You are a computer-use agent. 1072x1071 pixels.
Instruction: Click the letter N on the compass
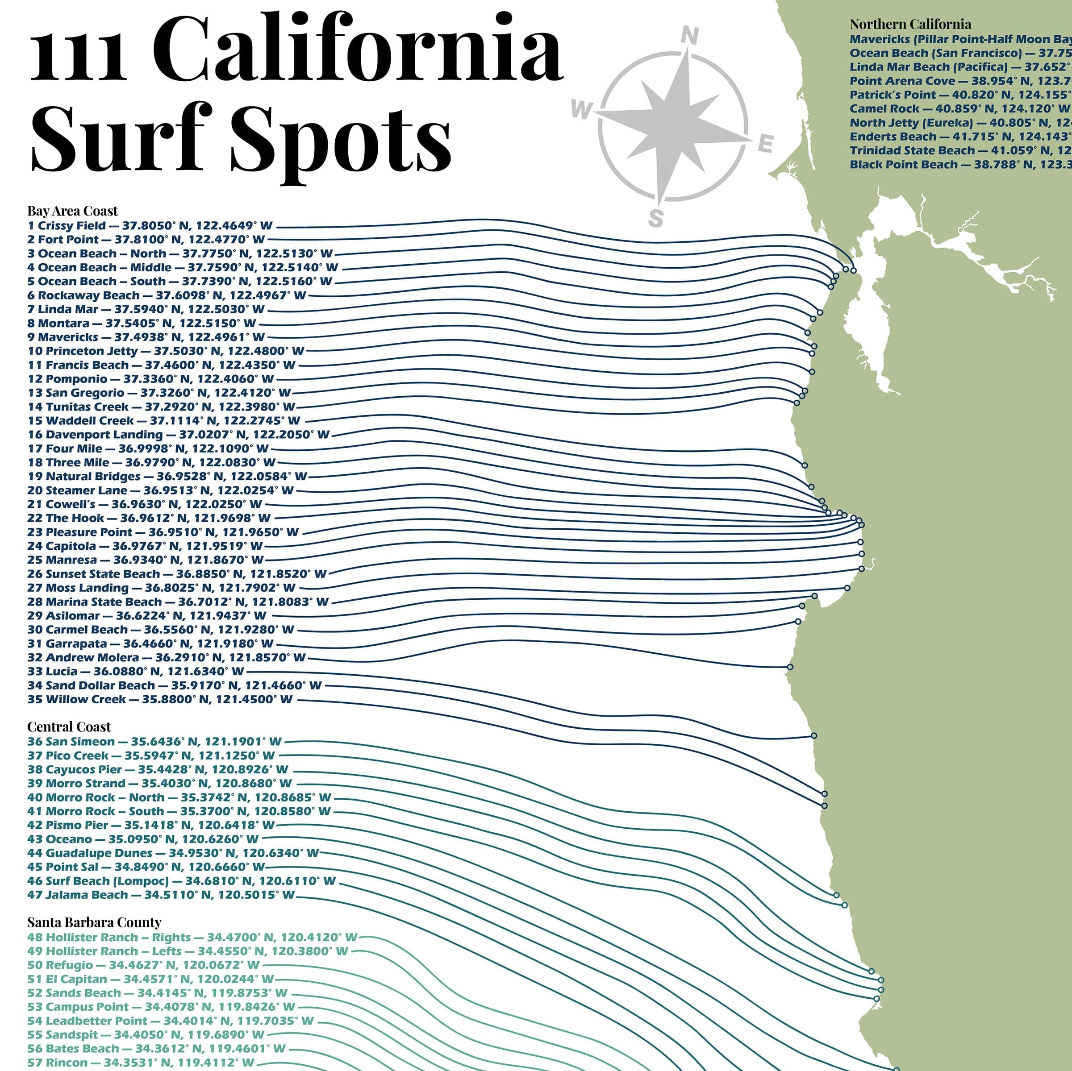689,36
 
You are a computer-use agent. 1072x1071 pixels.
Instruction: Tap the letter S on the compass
656,218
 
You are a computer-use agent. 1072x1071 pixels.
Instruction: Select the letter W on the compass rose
581,109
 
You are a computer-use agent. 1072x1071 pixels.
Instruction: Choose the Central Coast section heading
69,727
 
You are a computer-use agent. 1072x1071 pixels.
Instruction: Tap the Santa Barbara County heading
94,922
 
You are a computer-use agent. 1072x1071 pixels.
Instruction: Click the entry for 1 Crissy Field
150,226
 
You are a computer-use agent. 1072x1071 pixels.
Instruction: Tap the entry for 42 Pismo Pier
151,825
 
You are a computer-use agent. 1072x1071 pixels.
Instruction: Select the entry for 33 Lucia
135,672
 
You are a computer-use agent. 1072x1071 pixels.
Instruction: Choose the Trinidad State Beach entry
959,150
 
